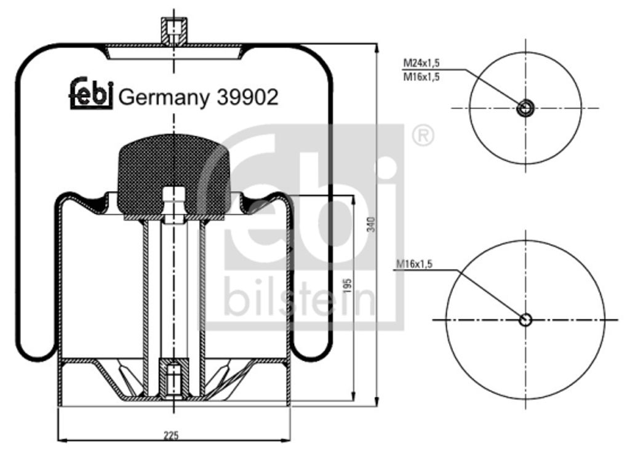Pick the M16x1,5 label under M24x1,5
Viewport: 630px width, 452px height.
point(421,77)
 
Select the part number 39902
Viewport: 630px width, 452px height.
point(247,97)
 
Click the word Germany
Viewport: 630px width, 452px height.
point(163,98)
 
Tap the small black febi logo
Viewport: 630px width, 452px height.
point(90,93)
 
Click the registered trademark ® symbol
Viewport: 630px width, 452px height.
point(423,135)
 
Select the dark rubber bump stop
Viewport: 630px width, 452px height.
point(173,175)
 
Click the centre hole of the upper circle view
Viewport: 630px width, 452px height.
point(525,108)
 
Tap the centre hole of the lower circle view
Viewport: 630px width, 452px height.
point(525,320)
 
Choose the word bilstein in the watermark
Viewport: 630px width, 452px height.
point(300,298)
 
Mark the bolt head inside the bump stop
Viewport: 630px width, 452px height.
point(174,203)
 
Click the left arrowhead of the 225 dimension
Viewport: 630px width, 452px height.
point(60,440)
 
